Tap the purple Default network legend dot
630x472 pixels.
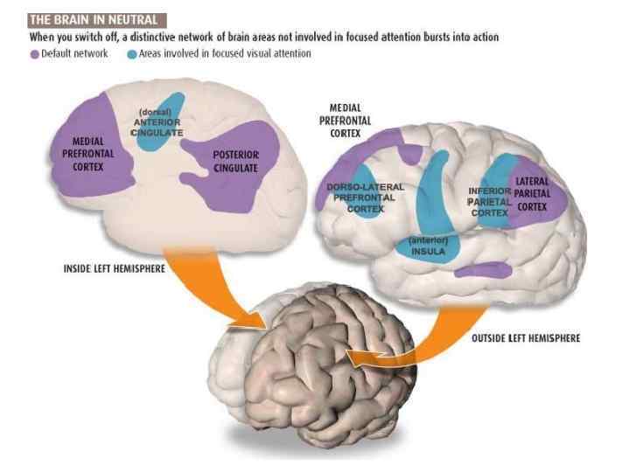[34, 53]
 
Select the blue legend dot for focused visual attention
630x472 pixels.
[131, 53]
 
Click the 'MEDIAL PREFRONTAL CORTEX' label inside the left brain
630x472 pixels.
[84, 155]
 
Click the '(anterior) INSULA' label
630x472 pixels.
[428, 246]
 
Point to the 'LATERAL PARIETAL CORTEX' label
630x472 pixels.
[532, 194]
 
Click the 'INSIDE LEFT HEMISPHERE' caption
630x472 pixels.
[116, 267]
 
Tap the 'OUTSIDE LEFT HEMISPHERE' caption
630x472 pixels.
[525, 337]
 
